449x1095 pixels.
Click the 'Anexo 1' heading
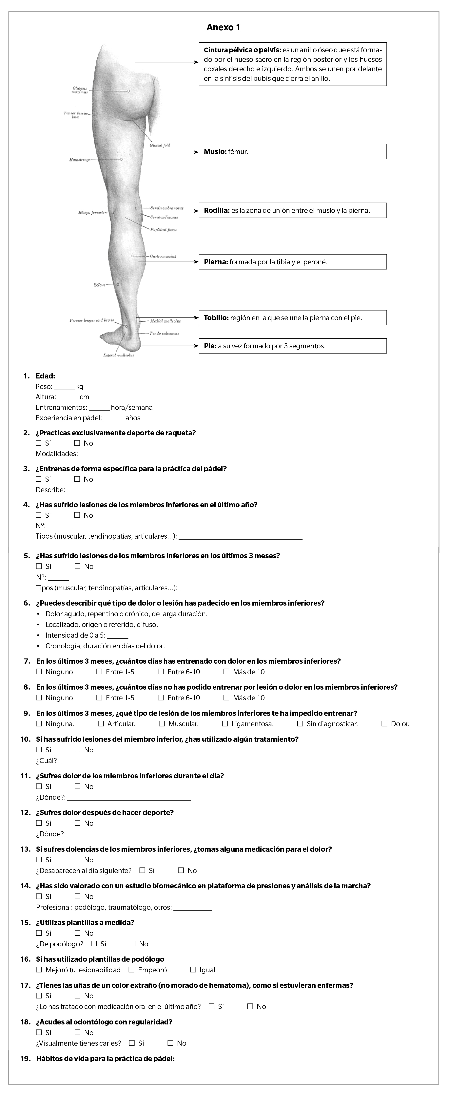coord(224,28)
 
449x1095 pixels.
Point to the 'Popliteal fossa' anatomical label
coord(164,229)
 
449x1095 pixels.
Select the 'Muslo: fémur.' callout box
coord(293,152)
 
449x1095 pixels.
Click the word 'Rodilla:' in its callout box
coord(217,210)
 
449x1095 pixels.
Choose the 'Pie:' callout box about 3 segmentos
coord(293,346)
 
